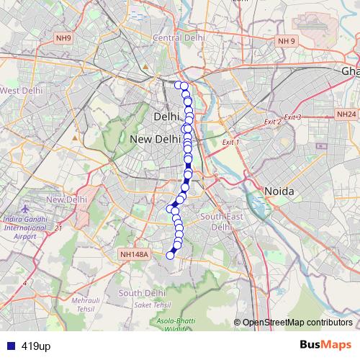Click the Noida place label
click(x=279, y=191)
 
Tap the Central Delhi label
click(x=176, y=37)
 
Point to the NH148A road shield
click(x=134, y=254)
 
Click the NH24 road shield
click(x=346, y=114)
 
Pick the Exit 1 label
click(x=230, y=143)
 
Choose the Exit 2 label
click(x=272, y=122)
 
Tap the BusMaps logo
click(x=326, y=346)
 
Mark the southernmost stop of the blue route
click(x=171, y=254)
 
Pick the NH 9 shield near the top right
click(x=286, y=42)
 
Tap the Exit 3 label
click(x=292, y=117)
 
